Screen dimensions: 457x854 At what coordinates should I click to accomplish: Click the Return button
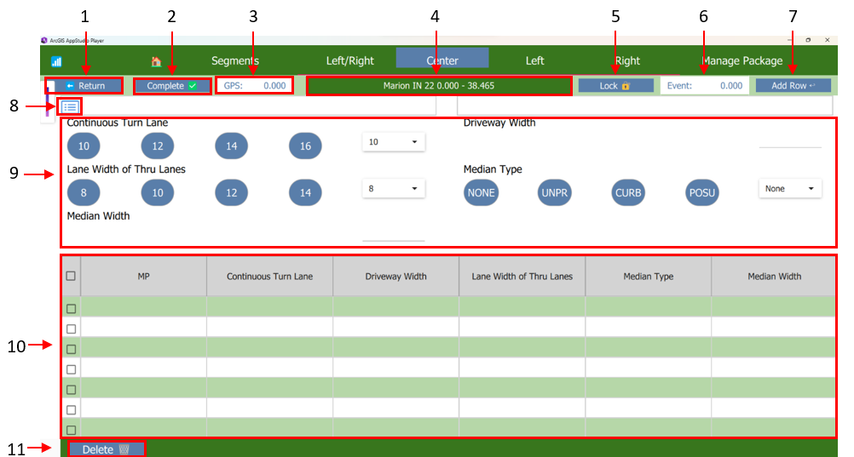84,86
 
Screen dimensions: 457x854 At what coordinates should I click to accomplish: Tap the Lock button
615,86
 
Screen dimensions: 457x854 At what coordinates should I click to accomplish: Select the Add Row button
793,86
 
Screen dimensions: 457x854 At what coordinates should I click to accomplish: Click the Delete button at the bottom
102,448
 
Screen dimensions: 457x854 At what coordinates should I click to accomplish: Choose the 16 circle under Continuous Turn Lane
306,146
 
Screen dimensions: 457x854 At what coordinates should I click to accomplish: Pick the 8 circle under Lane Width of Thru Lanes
84,193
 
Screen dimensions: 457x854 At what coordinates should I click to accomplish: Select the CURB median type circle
628,193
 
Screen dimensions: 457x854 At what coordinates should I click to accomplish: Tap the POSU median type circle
702,193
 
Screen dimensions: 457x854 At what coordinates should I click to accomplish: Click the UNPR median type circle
555,193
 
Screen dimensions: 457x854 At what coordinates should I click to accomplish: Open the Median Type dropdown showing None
790,189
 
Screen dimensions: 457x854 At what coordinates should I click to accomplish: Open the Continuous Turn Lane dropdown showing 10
393,142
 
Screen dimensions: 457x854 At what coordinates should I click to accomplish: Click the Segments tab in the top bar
235,60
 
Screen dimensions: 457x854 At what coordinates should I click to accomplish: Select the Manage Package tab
741,60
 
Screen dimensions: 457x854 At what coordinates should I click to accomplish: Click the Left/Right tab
350,60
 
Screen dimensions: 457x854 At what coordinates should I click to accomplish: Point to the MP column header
143,277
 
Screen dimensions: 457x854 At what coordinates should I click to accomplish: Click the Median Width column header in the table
774,277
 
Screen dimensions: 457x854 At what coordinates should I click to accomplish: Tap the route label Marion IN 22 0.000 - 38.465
439,86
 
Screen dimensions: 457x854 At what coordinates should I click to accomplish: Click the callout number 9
14,174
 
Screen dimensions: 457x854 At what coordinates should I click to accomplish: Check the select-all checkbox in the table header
71,277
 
